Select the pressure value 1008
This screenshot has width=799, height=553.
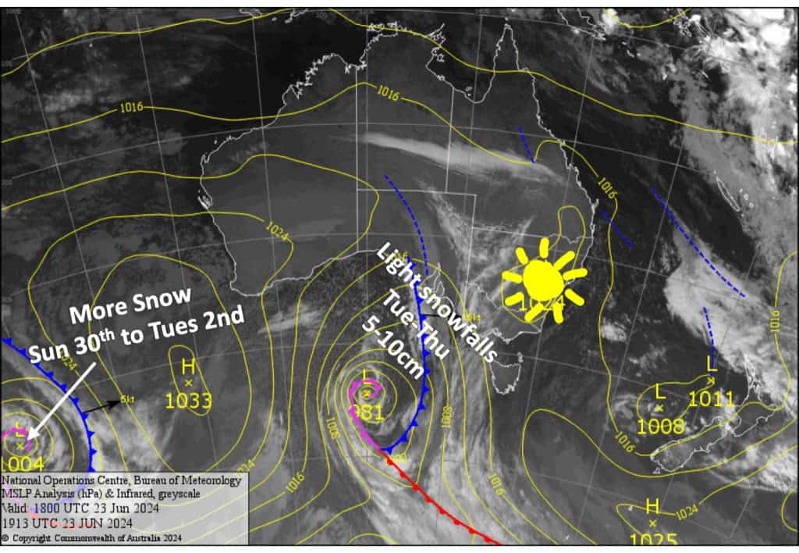point(661,426)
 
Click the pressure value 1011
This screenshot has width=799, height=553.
point(712,400)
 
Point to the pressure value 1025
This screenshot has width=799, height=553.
point(653,540)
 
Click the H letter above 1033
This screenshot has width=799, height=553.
point(188,366)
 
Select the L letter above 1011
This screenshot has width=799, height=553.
point(712,363)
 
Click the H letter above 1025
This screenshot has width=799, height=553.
point(652,505)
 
